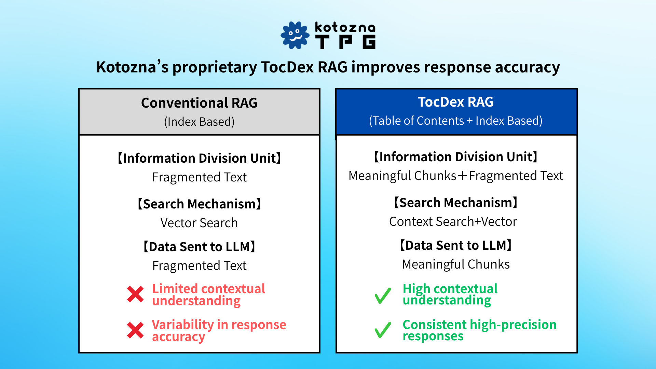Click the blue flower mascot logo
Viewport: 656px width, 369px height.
click(295, 35)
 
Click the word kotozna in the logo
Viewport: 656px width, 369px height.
click(345, 27)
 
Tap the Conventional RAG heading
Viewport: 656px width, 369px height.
click(199, 103)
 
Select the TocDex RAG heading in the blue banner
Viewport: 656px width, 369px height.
click(456, 102)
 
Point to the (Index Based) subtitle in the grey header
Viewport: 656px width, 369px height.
click(199, 122)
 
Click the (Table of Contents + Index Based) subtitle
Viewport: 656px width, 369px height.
click(456, 121)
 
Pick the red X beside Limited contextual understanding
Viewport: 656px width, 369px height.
click(135, 294)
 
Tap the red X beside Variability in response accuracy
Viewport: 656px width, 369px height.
click(135, 330)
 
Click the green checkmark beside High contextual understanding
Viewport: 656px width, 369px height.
click(383, 296)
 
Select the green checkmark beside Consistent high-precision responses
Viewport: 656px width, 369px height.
click(383, 330)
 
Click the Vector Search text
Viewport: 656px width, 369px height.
click(199, 223)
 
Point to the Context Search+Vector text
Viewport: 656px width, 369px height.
click(453, 221)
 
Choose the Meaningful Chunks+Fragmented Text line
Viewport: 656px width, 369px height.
click(456, 176)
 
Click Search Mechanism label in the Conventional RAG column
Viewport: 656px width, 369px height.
click(199, 204)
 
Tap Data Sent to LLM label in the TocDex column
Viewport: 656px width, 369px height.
click(456, 245)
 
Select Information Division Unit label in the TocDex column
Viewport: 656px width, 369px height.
click(456, 157)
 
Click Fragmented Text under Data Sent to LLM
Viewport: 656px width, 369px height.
click(199, 265)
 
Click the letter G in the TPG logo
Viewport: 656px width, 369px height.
click(369, 42)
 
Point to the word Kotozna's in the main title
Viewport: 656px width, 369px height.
click(132, 67)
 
